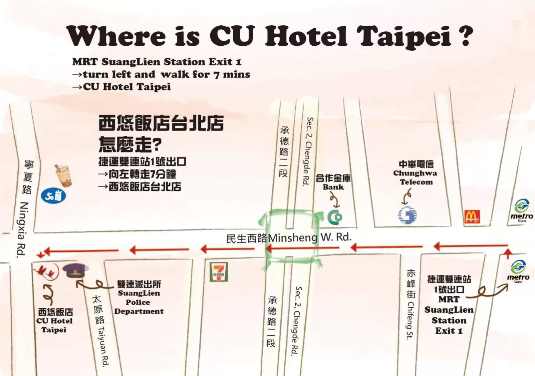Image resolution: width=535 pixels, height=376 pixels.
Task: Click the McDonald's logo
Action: (x=472, y=217)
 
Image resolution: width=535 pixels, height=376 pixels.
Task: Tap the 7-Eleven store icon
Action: (x=219, y=272)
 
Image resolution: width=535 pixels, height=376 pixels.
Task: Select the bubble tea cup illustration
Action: (x=63, y=175)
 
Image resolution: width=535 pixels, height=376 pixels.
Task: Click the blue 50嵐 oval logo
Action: (x=53, y=196)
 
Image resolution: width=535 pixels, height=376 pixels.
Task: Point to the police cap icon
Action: (x=75, y=271)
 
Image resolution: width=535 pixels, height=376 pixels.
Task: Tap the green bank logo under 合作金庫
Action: (x=335, y=216)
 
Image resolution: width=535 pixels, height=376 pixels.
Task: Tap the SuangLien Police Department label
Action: (x=139, y=298)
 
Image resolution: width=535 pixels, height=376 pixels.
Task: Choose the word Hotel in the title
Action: (x=306, y=36)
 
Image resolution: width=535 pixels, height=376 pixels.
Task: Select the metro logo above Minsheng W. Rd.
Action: (x=521, y=210)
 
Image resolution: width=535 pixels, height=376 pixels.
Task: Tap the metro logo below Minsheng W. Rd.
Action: (x=518, y=271)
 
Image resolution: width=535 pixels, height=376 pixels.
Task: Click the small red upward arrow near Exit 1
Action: (x=507, y=254)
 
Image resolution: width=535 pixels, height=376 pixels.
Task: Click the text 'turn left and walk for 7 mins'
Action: (x=166, y=75)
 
